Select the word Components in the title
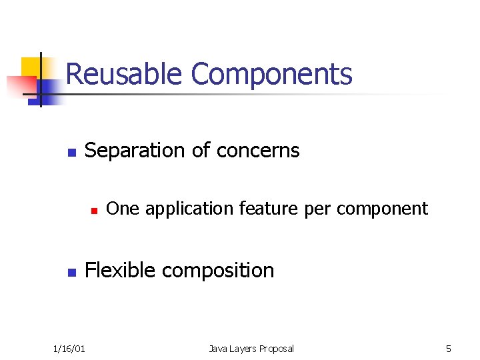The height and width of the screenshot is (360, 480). pos(271,74)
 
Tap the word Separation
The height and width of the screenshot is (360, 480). pos(136,151)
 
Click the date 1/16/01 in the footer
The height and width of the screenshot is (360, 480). pos(69,348)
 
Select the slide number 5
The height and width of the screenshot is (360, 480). pos(449,348)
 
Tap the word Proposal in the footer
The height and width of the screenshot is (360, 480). pos(275,348)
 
